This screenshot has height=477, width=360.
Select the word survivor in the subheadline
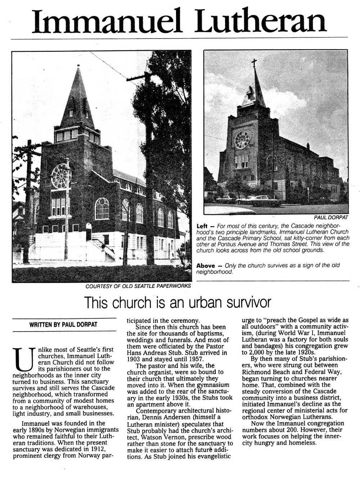click(x=248, y=302)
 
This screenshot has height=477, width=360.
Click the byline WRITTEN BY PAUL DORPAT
click(x=63, y=324)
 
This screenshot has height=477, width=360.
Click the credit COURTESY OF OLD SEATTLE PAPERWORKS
click(x=138, y=286)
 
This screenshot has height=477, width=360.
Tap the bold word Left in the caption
click(x=202, y=226)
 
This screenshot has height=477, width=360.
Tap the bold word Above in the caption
click(x=205, y=266)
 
